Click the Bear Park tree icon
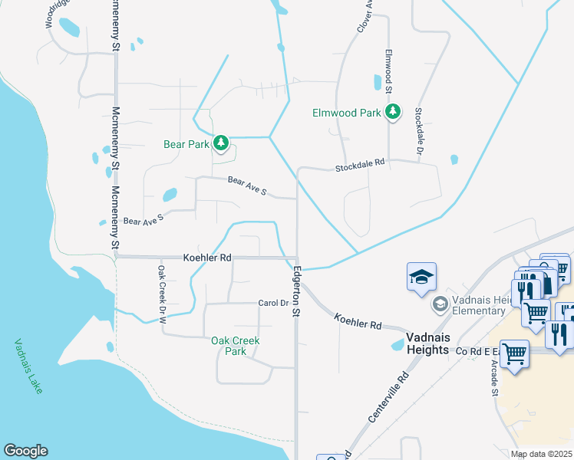click(221, 143)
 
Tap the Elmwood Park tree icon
click(393, 112)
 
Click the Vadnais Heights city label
click(417, 343)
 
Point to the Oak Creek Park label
click(236, 346)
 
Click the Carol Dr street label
click(272, 303)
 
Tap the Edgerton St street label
click(297, 289)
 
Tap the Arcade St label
click(494, 379)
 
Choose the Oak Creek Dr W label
click(162, 293)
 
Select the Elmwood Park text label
click(346, 113)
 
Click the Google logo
click(25, 451)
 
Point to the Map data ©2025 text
click(542, 454)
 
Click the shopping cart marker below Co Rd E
click(514, 354)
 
